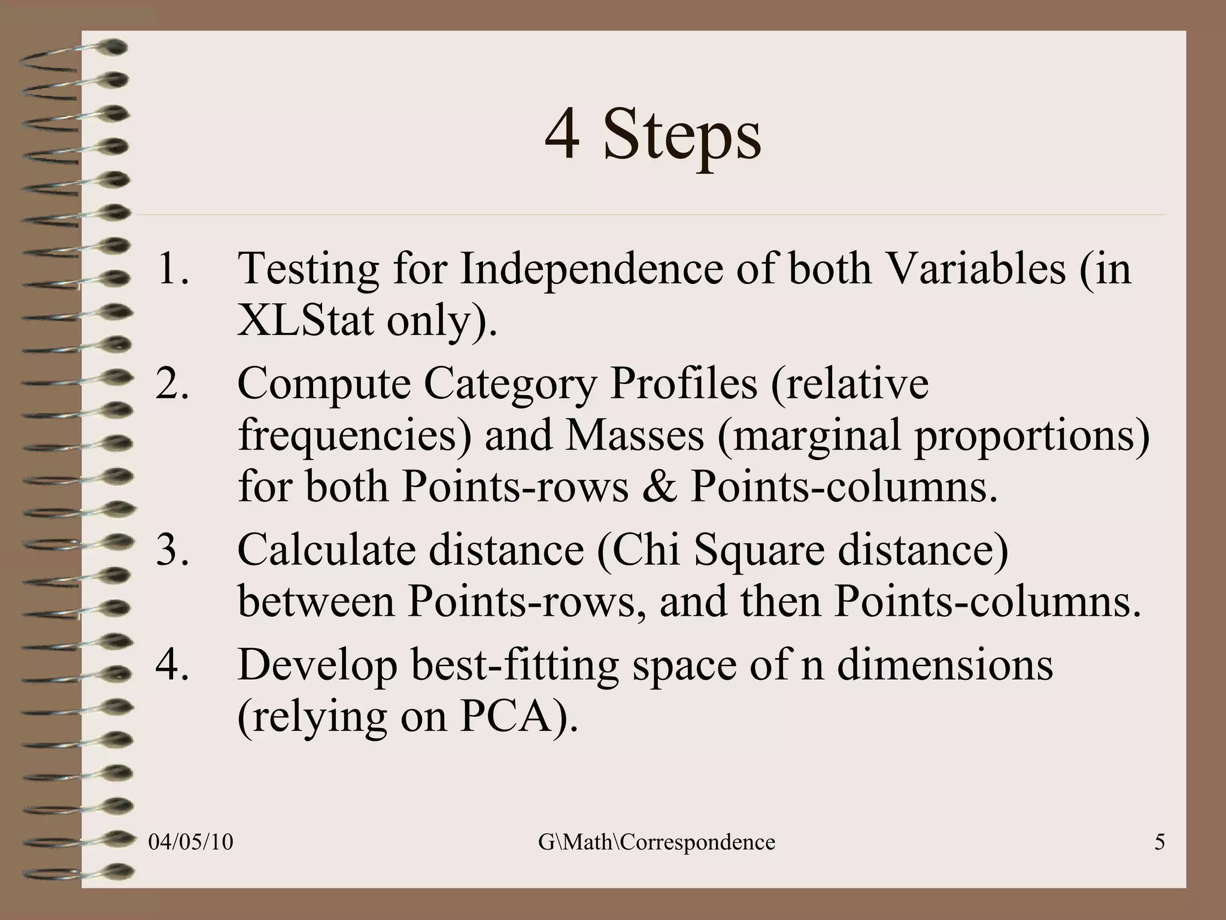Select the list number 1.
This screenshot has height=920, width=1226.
[172, 268]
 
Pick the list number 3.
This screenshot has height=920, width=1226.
[172, 549]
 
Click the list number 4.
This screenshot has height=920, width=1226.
[172, 664]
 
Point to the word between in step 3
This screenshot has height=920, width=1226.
[316, 601]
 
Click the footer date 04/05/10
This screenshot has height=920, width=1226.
[190, 843]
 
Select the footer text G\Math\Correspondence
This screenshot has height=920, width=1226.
[656, 843]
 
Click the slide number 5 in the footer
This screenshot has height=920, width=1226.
[1160, 843]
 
